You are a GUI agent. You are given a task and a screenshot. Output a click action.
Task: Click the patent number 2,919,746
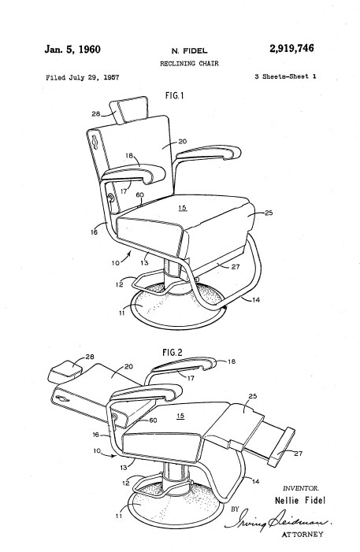(x=291, y=49)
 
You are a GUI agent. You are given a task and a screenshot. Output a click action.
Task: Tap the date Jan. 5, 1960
(x=72, y=50)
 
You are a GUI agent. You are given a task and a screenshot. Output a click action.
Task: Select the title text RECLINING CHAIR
(x=189, y=64)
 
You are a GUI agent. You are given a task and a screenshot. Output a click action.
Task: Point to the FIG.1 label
(x=174, y=95)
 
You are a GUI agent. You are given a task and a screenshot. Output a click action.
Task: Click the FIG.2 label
(x=173, y=353)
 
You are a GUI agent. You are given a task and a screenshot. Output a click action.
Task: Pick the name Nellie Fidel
(x=300, y=500)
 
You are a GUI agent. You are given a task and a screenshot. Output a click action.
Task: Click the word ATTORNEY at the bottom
(x=302, y=535)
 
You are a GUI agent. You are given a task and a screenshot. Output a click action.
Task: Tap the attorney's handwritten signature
(x=278, y=521)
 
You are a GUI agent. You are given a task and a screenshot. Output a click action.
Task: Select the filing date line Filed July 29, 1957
(x=83, y=77)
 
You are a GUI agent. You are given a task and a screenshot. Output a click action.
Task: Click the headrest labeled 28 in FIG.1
(x=128, y=109)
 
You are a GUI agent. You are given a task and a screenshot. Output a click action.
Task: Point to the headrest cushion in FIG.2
(x=65, y=371)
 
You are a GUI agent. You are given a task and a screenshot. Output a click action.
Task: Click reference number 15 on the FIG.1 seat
(x=182, y=208)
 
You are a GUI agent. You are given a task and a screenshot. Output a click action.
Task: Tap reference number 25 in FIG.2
(x=253, y=396)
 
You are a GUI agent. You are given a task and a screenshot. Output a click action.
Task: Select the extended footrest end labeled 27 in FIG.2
(x=281, y=446)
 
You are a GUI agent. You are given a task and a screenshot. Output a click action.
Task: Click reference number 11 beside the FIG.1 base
(x=122, y=313)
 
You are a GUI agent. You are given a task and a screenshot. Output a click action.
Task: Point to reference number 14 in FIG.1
(x=256, y=300)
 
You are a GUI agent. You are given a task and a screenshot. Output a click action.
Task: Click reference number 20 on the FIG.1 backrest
(x=183, y=142)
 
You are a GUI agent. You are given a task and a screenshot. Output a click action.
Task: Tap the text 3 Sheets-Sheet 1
(x=285, y=76)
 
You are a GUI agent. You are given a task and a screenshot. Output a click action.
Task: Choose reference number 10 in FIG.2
(x=97, y=450)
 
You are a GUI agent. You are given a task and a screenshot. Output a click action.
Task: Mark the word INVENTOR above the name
(x=301, y=488)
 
